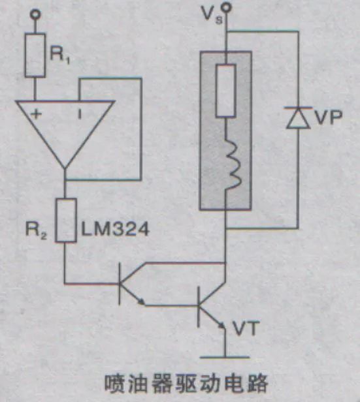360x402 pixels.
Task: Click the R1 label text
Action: click(61, 54)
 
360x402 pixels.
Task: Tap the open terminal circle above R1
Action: click(37, 12)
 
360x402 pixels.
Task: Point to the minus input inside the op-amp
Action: click(80, 114)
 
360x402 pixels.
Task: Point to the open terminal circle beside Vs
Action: click(227, 7)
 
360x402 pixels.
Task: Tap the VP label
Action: click(328, 119)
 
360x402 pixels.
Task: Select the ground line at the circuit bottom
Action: click(225, 357)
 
